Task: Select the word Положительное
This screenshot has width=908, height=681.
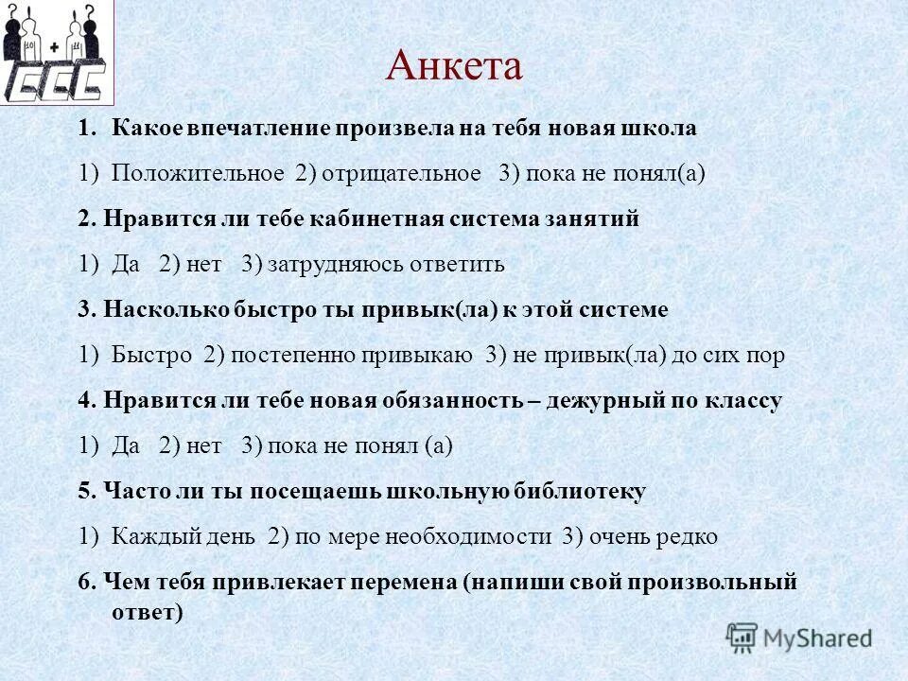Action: pos(198,174)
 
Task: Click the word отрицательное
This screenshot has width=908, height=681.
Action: pos(399,174)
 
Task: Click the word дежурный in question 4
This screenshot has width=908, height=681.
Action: pos(601,401)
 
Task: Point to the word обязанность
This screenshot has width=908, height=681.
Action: pos(451,401)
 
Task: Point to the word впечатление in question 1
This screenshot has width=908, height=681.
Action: pos(254,129)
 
